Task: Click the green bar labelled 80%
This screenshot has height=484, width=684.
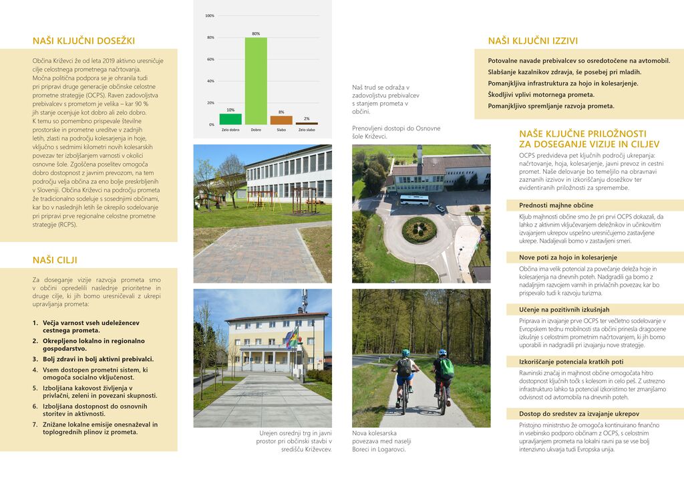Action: click(x=256, y=81)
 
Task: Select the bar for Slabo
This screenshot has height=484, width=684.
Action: click(x=281, y=120)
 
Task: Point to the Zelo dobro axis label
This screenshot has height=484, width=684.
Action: click(x=230, y=130)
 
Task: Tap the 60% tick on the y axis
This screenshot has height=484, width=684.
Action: click(x=210, y=59)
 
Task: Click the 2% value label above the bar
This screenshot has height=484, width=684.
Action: click(x=307, y=118)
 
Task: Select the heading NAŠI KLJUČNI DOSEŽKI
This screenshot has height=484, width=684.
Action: click(x=83, y=41)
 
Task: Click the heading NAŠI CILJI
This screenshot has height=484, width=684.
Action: click(x=55, y=259)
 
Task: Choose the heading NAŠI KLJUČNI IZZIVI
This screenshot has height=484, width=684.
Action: click(x=532, y=41)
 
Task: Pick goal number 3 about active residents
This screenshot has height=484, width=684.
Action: click(x=94, y=359)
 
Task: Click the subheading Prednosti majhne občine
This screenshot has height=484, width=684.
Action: click(x=556, y=205)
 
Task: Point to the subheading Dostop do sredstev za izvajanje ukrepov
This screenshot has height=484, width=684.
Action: click(x=578, y=414)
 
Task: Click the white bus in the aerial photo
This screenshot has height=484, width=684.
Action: click(x=414, y=199)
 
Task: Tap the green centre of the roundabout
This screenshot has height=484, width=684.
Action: click(x=419, y=229)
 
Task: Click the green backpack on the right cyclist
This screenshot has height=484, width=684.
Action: click(x=446, y=368)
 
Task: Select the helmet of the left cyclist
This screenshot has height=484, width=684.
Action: click(x=405, y=352)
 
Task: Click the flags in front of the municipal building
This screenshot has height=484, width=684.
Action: click(x=293, y=338)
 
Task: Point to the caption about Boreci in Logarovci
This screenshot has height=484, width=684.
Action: click(x=381, y=441)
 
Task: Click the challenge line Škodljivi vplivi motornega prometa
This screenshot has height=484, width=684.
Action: click(x=540, y=94)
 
